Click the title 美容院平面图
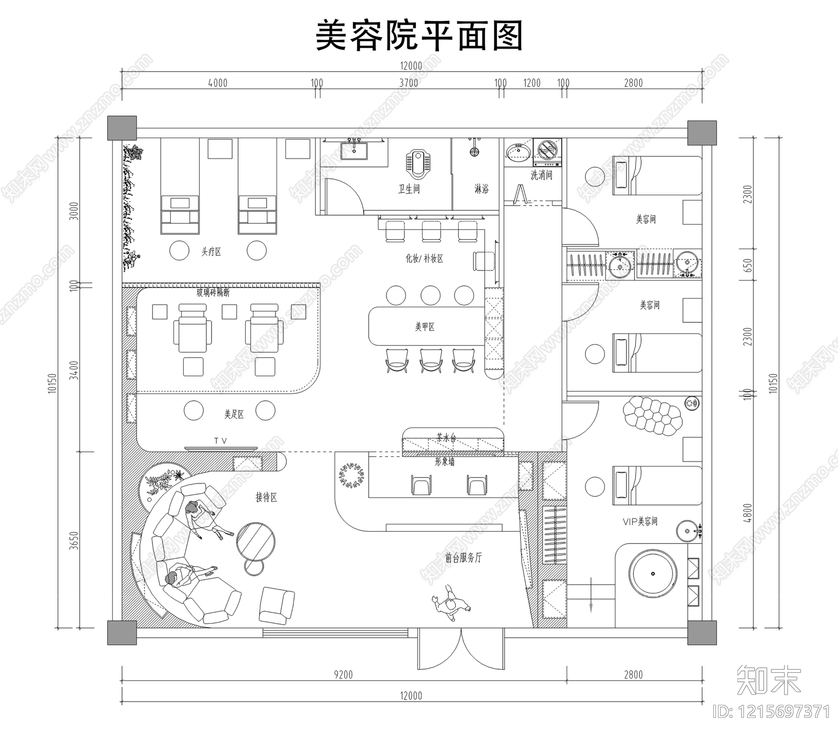tap(419, 36)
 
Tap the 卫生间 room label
tap(409, 188)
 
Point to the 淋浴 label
tap(481, 188)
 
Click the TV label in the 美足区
tap(220, 441)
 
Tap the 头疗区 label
tap(211, 252)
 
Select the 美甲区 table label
tap(425, 327)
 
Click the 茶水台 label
tap(446, 438)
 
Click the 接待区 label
tap(266, 497)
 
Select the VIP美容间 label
tap(639, 521)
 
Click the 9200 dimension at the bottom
tap(343, 674)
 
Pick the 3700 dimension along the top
tap(409, 83)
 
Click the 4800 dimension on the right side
tap(747, 513)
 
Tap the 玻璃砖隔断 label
tap(213, 292)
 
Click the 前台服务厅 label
tap(463, 558)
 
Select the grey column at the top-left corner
tap(122, 128)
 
